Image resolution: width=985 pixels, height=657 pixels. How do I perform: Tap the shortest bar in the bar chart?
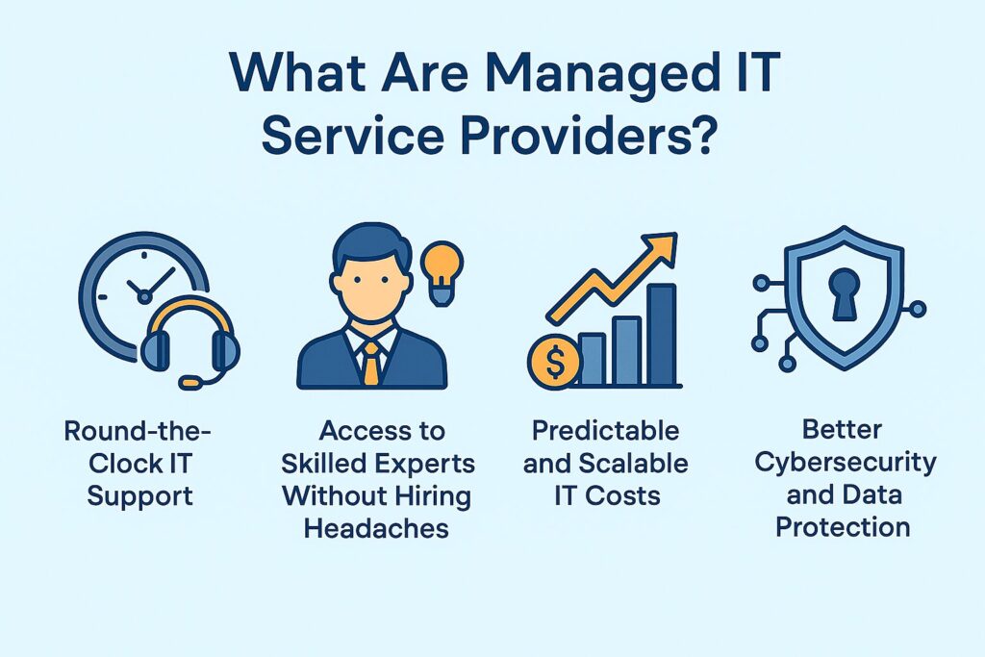(x=591, y=359)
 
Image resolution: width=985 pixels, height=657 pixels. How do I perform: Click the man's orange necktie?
(x=371, y=364)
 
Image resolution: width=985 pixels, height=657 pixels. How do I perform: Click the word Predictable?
(x=606, y=431)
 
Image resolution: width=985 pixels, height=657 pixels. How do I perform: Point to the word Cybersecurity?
(x=845, y=462)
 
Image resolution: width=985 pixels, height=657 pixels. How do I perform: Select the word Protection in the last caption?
(x=844, y=526)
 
